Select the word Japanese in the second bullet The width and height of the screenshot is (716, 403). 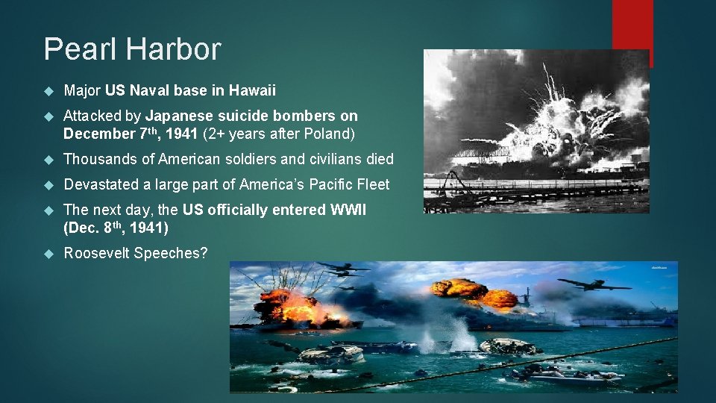tap(178, 116)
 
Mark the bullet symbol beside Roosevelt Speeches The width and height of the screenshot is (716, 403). tap(49, 254)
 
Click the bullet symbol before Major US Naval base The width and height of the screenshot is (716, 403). tap(49, 92)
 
